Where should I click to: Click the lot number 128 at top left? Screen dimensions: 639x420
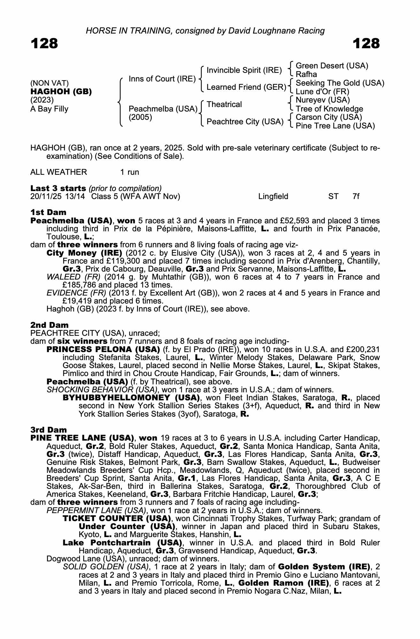coord(44,43)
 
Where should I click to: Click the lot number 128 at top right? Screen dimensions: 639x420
coord(366,43)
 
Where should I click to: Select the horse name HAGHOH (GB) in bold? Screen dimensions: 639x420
coord(61,92)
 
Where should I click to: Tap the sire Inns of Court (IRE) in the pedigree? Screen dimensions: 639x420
coord(162,79)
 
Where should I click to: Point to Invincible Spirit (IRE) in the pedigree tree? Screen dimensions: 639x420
coord(244,70)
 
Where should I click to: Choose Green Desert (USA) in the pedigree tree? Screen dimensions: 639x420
coord(332,66)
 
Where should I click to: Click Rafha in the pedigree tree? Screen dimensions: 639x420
coord(306,74)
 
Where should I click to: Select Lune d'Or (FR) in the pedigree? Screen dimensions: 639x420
coord(323,92)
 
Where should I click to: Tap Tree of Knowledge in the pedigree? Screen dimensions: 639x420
coord(329,109)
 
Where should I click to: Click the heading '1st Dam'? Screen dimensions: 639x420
coord(48,212)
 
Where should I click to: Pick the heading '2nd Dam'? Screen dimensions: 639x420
coord(49,325)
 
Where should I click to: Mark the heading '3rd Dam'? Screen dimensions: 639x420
coord(49,430)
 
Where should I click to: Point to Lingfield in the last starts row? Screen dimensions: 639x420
coord(273,196)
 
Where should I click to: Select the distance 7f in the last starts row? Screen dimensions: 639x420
coord(356,196)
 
